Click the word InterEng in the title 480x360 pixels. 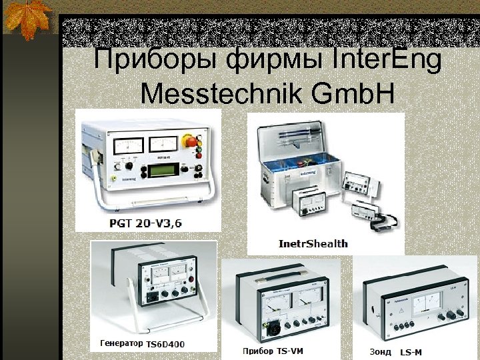tap(387, 61)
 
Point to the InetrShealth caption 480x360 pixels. tap(313, 243)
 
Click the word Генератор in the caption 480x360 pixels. tap(121, 343)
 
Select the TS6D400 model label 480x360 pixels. tap(165, 344)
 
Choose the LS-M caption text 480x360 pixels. tap(413, 351)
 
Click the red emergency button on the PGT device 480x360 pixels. tap(189, 141)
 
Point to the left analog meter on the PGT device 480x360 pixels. tap(129, 145)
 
